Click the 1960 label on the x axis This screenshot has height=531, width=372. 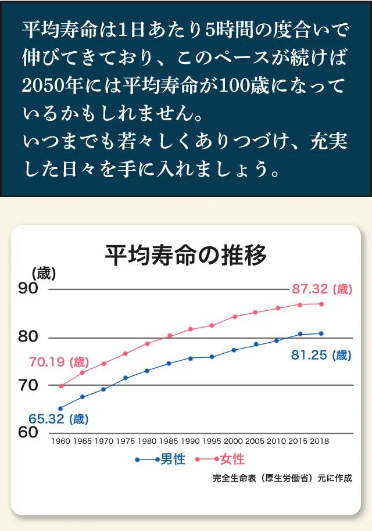[61, 441]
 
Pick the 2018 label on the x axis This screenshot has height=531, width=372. [319, 441]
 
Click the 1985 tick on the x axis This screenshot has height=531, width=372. [169, 441]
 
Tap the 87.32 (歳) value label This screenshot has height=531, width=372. [321, 289]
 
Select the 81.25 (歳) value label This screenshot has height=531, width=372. [321, 355]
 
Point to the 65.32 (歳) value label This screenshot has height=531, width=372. [58, 418]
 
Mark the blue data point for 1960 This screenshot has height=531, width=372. [60, 408]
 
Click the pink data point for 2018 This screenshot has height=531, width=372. [321, 304]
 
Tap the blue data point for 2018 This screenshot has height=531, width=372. [321, 333]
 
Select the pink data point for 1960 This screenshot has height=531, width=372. [61, 386]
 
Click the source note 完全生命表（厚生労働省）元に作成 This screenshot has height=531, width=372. [282, 479]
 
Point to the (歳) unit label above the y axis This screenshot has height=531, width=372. [44, 272]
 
